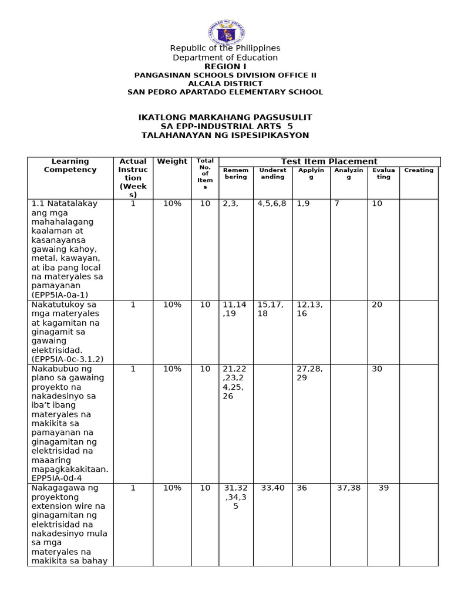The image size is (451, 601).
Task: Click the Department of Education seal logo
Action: (226, 32)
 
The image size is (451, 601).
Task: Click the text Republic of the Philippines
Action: (225, 48)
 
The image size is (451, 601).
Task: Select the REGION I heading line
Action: (225, 66)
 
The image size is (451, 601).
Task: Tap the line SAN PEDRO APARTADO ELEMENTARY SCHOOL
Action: (225, 92)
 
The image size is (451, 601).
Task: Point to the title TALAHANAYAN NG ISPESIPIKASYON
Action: (225, 135)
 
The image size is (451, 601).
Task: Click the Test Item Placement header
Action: (329, 161)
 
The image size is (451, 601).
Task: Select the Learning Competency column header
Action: (70, 166)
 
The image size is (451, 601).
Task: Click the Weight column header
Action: (172, 161)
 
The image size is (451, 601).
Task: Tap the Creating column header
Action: (419, 170)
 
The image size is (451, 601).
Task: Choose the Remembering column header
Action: (235, 173)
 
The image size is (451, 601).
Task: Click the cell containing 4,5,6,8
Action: (272, 204)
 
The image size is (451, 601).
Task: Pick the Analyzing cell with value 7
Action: (336, 204)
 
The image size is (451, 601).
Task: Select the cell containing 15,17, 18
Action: (270, 309)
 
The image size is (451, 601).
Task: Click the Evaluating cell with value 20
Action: (376, 305)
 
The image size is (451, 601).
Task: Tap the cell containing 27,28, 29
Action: (309, 373)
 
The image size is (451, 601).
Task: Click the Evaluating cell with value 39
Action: (383, 488)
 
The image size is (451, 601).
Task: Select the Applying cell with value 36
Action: (302, 488)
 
